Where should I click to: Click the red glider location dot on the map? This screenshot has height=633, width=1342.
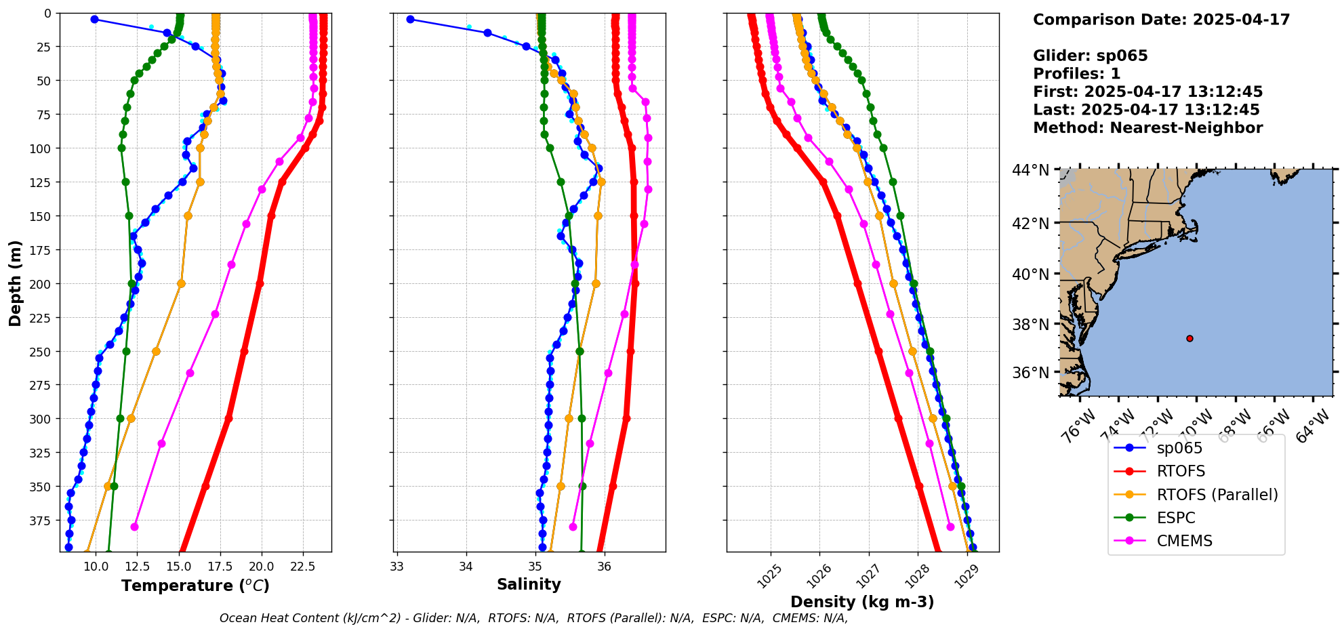[x=1189, y=338]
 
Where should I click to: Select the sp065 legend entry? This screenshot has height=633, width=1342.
[x=1179, y=448]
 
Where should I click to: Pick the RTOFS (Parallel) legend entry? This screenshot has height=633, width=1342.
[x=1217, y=495]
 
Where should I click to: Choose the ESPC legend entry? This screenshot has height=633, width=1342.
[x=1176, y=518]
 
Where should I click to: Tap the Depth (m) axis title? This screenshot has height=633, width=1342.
[x=15, y=283]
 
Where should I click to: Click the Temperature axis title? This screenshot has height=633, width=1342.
[x=195, y=586]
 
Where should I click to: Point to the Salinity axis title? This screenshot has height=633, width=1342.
[x=529, y=584]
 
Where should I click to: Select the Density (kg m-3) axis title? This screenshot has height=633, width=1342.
[x=862, y=602]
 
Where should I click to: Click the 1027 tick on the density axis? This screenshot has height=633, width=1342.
[x=867, y=577]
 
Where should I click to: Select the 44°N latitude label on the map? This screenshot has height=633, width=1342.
[x=1030, y=170]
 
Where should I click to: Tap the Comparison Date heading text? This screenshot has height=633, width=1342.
[x=1161, y=20]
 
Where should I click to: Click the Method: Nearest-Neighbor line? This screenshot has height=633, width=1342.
[x=1147, y=128]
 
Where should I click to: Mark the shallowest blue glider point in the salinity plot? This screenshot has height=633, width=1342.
[x=410, y=19]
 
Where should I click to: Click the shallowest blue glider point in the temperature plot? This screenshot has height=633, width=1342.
[x=94, y=19]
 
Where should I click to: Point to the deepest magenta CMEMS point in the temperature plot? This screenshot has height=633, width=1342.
[x=134, y=527]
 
